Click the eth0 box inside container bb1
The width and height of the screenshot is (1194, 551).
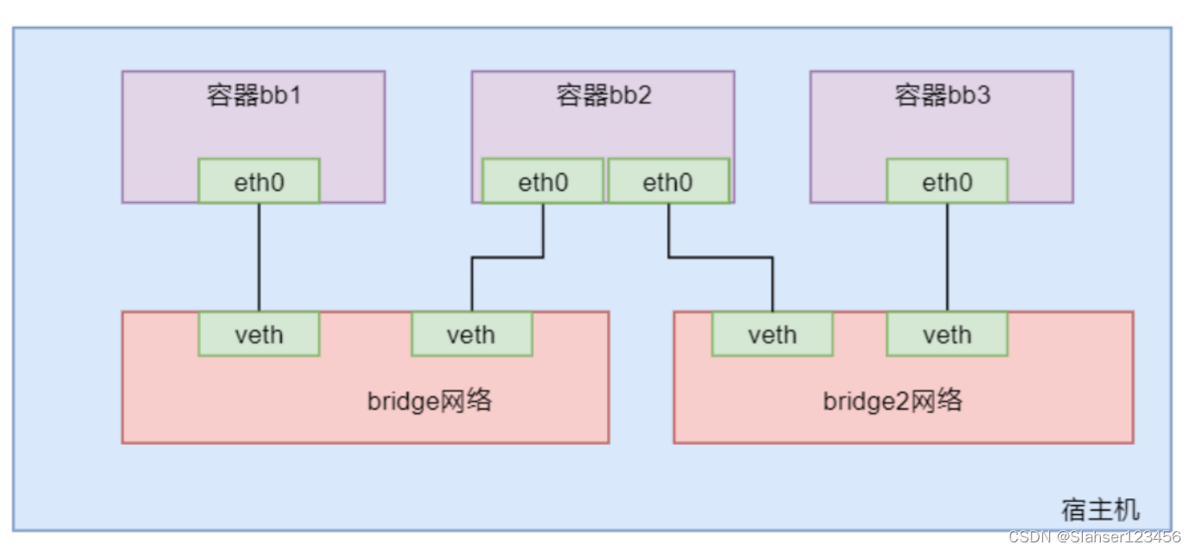(x=259, y=182)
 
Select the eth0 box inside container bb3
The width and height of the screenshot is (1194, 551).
(x=947, y=182)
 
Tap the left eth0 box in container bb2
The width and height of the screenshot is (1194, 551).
(x=542, y=182)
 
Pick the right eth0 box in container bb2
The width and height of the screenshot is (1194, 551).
(x=668, y=182)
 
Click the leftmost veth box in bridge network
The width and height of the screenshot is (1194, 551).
(x=259, y=335)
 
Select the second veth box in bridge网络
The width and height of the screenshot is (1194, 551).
(x=472, y=335)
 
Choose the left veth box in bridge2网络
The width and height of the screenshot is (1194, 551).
(x=772, y=335)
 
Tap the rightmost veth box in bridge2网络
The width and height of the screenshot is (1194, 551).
(x=947, y=335)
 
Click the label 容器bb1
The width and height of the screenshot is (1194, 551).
(x=253, y=95)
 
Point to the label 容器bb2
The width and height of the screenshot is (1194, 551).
(x=603, y=95)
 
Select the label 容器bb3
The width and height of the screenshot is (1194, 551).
(x=941, y=95)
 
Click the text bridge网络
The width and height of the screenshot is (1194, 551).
(x=429, y=401)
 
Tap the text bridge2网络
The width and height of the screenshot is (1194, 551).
(x=892, y=401)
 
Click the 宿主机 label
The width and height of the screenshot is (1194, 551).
(x=1100, y=510)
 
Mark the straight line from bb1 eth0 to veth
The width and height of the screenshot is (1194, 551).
(x=259, y=257)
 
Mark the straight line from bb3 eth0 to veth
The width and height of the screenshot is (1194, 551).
(x=947, y=257)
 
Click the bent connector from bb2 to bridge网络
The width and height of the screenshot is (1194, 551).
(x=508, y=256)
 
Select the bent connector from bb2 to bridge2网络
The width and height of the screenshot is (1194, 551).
(x=721, y=256)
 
